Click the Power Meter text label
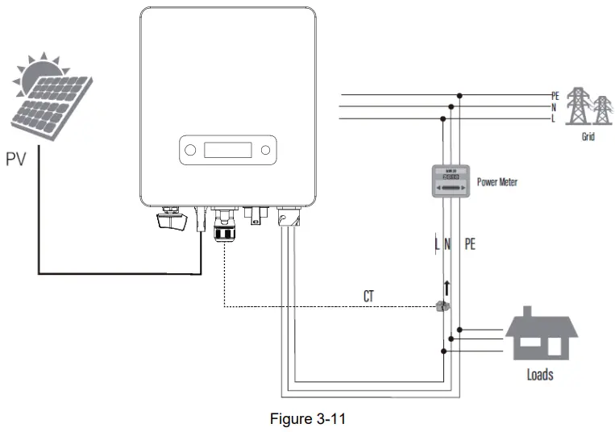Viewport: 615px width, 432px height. (497, 182)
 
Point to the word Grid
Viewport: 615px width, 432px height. (588, 137)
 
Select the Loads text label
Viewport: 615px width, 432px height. (540, 375)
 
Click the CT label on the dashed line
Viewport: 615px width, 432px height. (368, 296)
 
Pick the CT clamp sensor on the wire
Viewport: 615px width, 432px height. (442, 306)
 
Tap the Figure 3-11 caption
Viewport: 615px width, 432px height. (307, 419)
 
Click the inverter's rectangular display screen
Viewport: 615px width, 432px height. (228, 150)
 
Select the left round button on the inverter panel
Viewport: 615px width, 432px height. (189, 150)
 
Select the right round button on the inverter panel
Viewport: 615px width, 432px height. (265, 150)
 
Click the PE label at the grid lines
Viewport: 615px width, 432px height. (555, 95)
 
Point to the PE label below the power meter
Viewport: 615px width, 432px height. (470, 243)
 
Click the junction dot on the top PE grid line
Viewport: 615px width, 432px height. (459, 95)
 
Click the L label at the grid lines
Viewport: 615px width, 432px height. (554, 119)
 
